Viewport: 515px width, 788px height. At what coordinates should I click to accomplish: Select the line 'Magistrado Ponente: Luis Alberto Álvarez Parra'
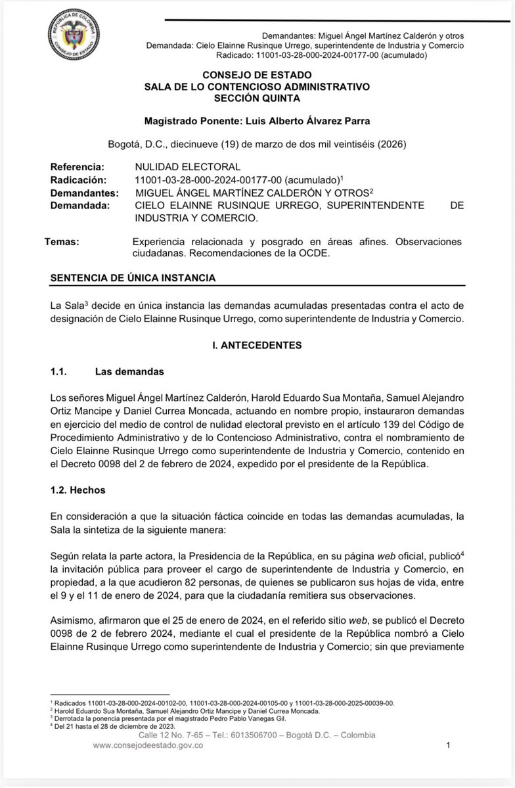(257, 121)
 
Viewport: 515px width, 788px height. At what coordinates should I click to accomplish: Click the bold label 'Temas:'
(61, 242)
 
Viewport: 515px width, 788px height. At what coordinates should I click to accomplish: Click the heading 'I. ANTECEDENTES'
(257, 345)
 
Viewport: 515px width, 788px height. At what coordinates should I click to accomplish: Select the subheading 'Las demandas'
(129, 372)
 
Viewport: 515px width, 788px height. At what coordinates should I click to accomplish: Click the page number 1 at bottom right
(447, 746)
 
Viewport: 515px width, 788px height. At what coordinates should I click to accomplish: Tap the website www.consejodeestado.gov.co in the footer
(147, 745)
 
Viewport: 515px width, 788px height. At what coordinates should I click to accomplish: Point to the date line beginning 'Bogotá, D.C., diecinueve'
(257, 145)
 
